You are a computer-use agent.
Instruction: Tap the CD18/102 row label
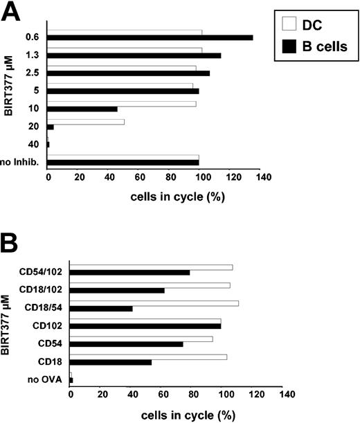point(44,287)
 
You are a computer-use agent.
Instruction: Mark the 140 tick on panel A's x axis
point(262,178)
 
